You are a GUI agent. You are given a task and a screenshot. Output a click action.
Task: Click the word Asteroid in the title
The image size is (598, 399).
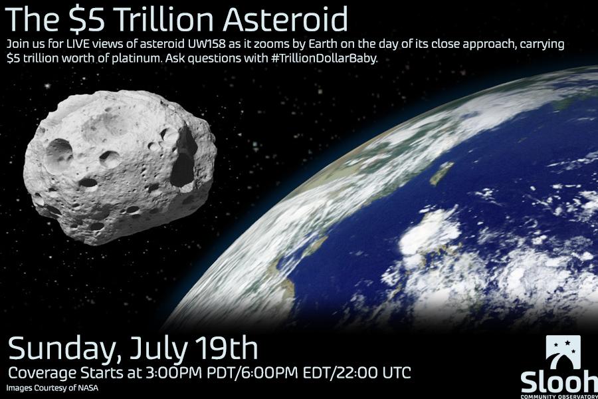[286, 19]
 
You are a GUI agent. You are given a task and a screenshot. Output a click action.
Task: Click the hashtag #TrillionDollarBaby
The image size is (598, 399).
[323, 60]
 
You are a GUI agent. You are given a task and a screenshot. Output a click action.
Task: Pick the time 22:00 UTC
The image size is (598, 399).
[375, 372]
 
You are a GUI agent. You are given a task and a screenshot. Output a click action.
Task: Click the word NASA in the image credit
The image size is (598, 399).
[88, 388]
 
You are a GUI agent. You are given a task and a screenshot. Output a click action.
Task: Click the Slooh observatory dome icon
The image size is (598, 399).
[563, 352]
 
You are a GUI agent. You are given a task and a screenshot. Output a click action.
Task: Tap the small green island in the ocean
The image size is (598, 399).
[442, 173]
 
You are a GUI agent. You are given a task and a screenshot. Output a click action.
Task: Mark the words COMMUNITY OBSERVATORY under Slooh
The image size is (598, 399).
[559, 397]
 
